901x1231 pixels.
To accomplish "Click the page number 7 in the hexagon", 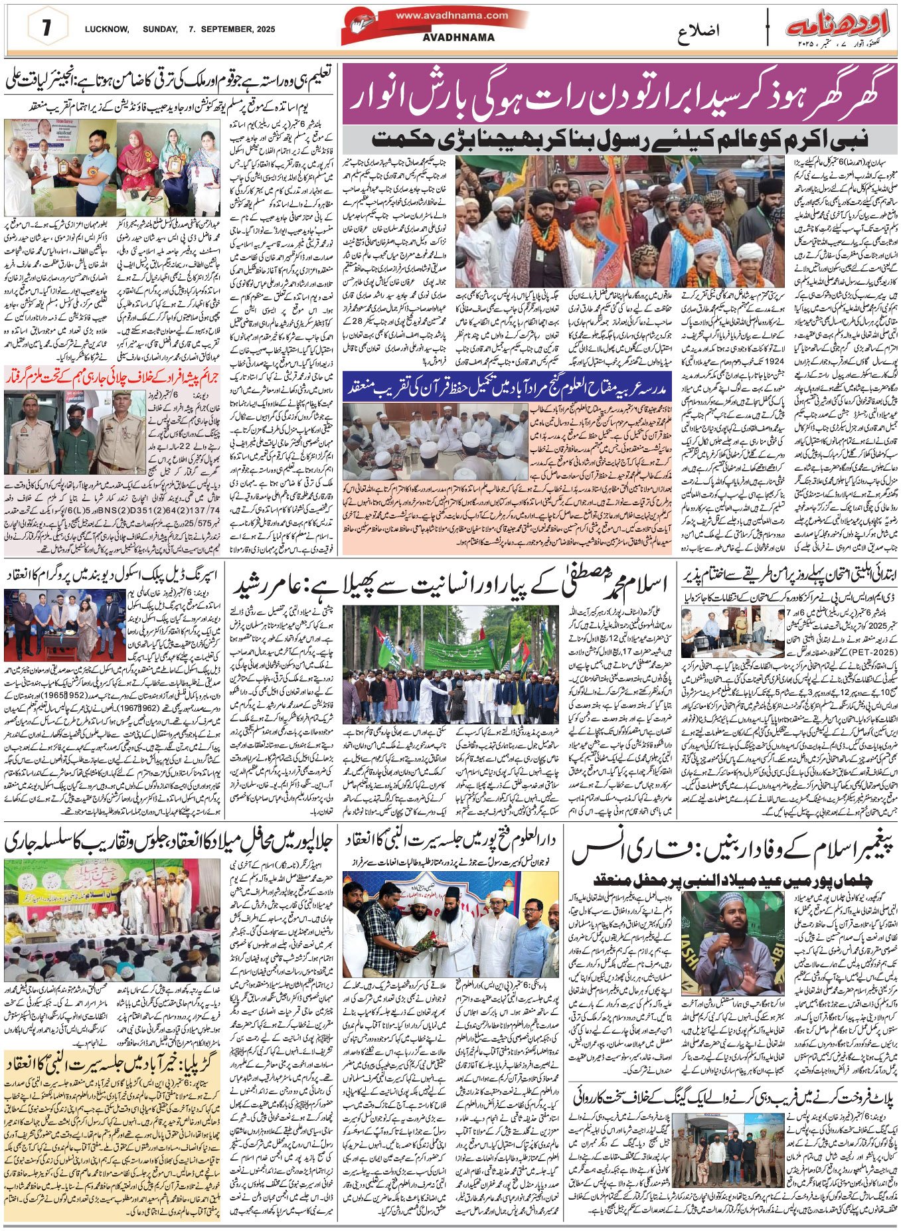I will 46,29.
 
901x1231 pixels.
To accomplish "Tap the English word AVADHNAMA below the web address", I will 458,38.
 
